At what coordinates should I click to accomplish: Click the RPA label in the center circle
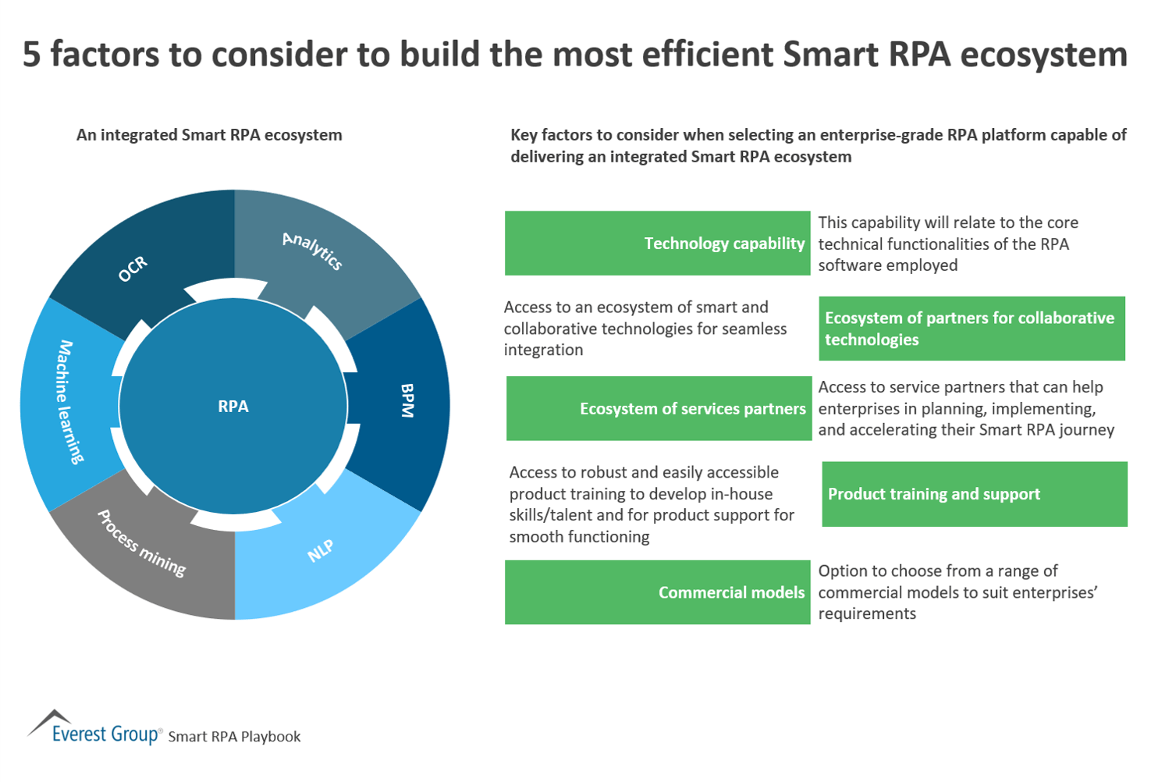[x=233, y=406]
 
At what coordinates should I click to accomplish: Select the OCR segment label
[x=133, y=268]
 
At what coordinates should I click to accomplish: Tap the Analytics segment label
[x=312, y=251]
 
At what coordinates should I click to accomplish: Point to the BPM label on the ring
[x=407, y=400]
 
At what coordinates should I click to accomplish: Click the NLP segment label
[x=321, y=550]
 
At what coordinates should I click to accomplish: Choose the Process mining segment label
[x=141, y=543]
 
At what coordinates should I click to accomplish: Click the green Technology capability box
[x=657, y=243]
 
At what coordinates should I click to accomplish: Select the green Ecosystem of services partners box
[x=659, y=408]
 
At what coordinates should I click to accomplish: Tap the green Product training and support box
[x=974, y=494]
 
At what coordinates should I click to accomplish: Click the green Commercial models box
[x=657, y=592]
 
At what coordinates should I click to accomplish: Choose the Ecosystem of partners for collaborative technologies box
[x=971, y=329]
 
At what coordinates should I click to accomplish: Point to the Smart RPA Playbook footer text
[x=234, y=737]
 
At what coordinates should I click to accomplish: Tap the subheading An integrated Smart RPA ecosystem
[x=209, y=135]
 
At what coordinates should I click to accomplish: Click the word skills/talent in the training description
[x=556, y=515]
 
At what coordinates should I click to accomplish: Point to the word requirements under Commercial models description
[x=867, y=614]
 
